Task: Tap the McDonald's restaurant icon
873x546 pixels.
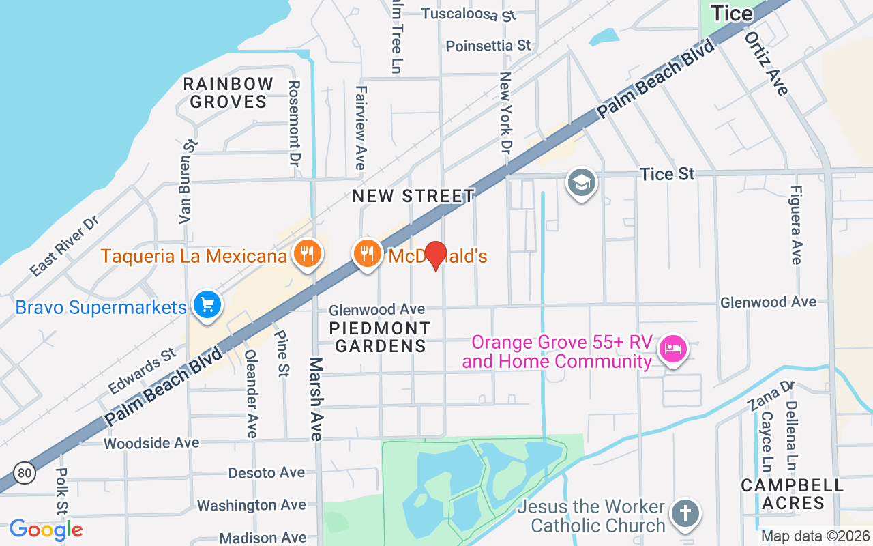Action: [x=368, y=254]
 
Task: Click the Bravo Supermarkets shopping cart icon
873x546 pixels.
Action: [x=207, y=305]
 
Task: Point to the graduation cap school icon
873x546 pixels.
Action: [x=582, y=183]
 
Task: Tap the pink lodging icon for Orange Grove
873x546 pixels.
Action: [x=673, y=349]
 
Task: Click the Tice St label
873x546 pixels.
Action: [x=667, y=175]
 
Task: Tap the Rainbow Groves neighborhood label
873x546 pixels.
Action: [x=228, y=93]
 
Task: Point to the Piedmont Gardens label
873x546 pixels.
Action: [x=380, y=337]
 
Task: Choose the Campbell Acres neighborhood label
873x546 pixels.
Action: [x=792, y=494]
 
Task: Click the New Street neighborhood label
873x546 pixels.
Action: [x=413, y=196]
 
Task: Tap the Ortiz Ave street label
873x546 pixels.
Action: [x=768, y=63]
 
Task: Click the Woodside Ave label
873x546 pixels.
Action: [x=151, y=444]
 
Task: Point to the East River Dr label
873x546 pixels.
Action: [x=64, y=246]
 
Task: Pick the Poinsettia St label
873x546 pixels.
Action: [x=488, y=46]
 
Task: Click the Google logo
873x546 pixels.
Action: [x=46, y=529]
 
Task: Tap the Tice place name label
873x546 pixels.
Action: [x=732, y=13]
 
